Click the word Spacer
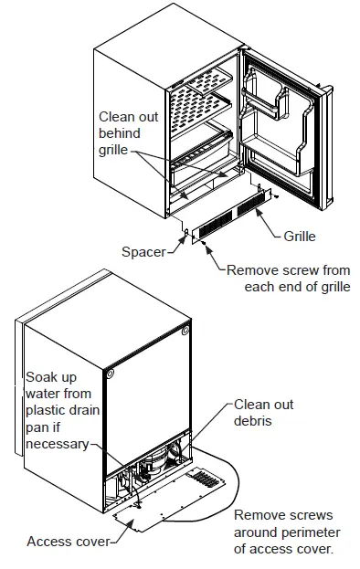[143, 251]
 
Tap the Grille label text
[299, 237]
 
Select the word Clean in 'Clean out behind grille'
[118, 117]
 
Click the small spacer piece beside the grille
[186, 235]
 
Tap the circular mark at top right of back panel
[186, 329]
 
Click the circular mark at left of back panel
[109, 374]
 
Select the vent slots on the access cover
[201, 479]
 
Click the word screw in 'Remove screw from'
[297, 270]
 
